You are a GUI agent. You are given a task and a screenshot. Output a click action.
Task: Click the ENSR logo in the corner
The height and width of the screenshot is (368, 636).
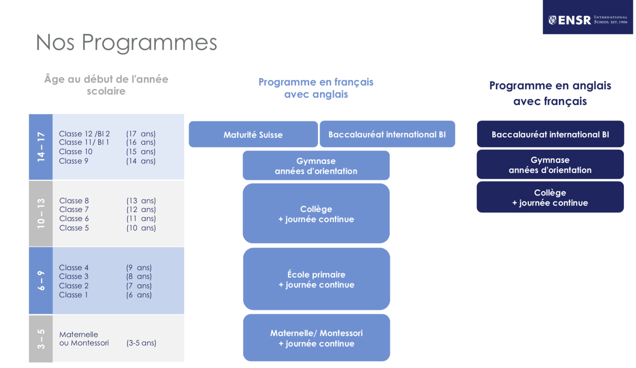588,17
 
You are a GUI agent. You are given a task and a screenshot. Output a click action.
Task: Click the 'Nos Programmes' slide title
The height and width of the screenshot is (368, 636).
126,43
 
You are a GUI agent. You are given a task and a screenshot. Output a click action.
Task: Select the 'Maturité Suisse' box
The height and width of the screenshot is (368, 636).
253,134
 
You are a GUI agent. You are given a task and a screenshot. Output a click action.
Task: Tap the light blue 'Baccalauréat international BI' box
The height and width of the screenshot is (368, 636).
387,134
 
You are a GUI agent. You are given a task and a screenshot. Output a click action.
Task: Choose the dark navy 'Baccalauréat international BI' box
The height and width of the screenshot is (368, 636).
550,134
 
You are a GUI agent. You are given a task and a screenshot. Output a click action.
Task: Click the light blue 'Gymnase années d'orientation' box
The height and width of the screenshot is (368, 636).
316,166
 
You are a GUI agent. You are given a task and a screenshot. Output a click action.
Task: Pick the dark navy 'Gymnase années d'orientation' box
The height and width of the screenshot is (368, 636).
550,164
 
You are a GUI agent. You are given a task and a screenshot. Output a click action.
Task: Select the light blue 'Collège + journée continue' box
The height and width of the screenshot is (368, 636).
316,213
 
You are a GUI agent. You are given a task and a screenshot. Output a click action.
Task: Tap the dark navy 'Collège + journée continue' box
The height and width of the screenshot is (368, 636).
550,197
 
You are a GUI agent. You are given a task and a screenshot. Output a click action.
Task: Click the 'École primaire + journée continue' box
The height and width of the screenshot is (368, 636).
316,279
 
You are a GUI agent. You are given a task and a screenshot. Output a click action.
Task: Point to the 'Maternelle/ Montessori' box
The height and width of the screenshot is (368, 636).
316,338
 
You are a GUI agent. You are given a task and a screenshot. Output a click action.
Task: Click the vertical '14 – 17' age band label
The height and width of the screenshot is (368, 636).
41,147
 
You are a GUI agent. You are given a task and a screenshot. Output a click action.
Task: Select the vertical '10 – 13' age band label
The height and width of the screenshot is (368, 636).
41,213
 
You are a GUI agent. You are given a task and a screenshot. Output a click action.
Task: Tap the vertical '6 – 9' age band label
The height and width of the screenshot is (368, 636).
41,281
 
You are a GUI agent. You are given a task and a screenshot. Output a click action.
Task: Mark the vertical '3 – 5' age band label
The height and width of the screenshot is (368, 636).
41,339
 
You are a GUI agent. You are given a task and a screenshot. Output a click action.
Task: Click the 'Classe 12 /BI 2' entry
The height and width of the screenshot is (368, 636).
84,134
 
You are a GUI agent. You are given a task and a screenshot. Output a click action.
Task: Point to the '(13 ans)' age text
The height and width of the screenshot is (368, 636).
141,201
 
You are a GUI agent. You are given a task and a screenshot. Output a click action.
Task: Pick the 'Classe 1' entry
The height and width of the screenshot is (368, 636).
73,295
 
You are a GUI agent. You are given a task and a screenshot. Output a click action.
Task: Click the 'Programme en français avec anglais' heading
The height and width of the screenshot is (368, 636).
316,88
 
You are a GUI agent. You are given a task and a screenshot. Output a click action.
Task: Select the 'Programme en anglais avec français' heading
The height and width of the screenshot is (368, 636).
550,93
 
